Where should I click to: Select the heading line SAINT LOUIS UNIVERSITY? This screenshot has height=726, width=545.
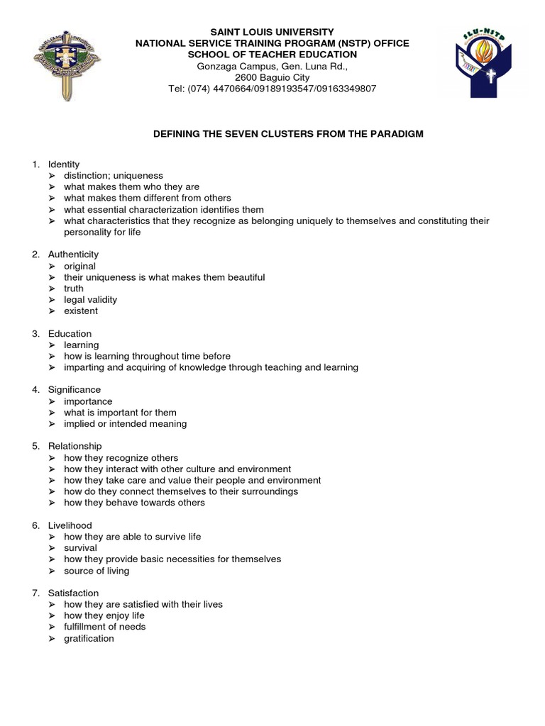(272, 32)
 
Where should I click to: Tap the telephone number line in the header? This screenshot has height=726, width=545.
(272, 89)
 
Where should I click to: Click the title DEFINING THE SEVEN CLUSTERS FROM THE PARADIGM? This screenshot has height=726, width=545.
(288, 133)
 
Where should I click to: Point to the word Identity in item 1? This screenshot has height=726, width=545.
(64, 164)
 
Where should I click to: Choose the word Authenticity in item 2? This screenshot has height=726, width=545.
(73, 255)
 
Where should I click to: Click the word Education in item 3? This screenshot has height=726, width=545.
(70, 333)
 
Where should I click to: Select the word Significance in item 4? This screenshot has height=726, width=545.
(75, 390)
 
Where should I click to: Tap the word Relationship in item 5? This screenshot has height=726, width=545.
(75, 446)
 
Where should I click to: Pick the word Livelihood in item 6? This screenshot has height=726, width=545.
(70, 525)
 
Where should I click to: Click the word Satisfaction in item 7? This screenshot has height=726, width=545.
(73, 593)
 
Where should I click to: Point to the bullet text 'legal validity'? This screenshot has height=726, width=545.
(91, 300)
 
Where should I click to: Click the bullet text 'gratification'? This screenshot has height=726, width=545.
(89, 638)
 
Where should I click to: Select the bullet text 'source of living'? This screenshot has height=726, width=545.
(97, 571)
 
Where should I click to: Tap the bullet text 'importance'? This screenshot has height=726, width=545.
(88, 401)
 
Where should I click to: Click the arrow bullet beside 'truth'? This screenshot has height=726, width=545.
(53, 289)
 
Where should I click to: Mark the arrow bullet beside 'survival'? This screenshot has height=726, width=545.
(53, 548)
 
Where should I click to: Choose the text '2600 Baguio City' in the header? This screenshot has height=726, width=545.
(272, 77)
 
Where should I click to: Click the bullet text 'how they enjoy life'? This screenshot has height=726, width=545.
(104, 615)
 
